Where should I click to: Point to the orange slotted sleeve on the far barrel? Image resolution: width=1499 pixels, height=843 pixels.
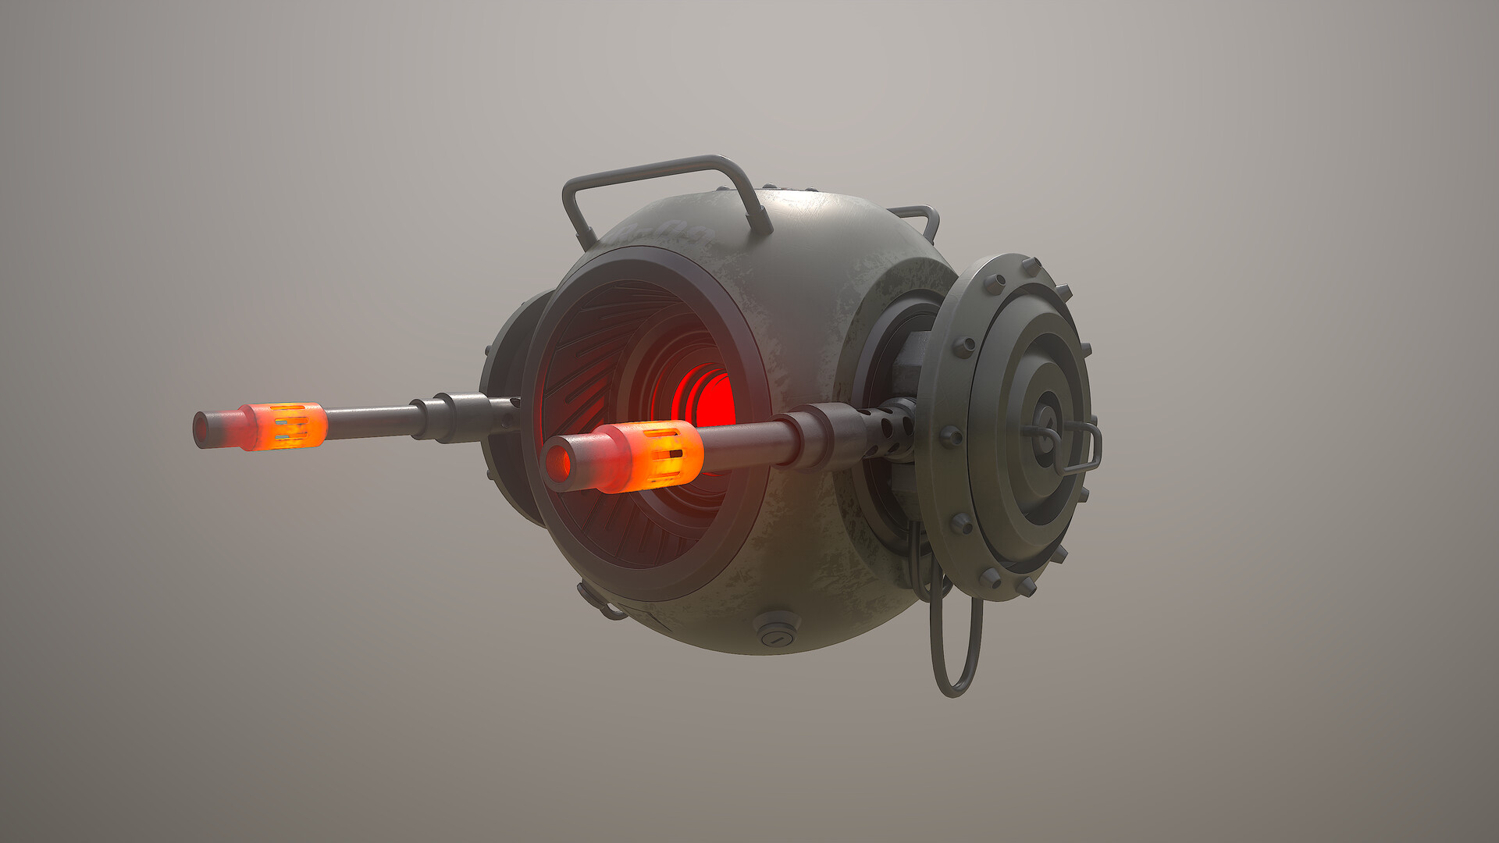(289, 426)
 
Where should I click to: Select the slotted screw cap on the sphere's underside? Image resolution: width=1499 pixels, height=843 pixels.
(776, 632)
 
